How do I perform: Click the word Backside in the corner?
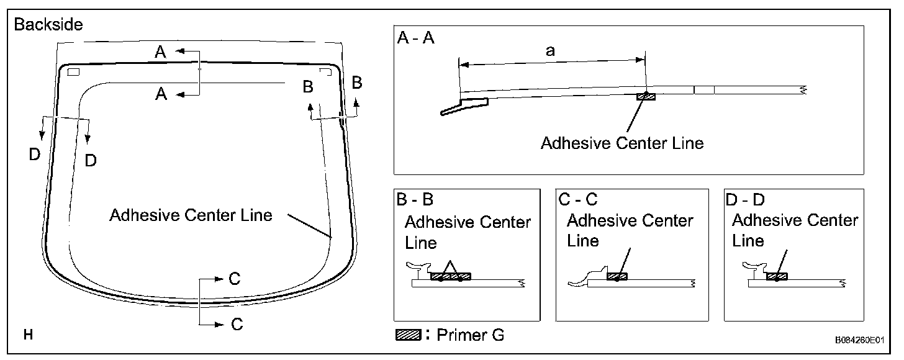click(48, 25)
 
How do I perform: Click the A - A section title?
click(416, 38)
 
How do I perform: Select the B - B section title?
click(415, 199)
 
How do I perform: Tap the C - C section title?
click(578, 199)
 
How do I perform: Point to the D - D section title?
click(745, 199)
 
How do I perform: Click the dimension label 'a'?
click(550, 52)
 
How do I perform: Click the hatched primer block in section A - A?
click(646, 96)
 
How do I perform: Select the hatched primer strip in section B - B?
click(450, 276)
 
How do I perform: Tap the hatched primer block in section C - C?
click(617, 276)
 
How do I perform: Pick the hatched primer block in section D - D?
click(777, 276)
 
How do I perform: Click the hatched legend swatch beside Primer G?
click(409, 335)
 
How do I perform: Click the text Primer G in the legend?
click(471, 335)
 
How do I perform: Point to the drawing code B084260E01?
click(859, 340)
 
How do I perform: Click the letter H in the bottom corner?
click(29, 335)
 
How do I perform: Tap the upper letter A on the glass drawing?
click(160, 52)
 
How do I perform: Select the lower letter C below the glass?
click(237, 324)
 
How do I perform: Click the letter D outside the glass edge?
click(35, 154)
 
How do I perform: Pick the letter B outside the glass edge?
click(357, 83)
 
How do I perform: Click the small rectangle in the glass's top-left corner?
click(73, 72)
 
